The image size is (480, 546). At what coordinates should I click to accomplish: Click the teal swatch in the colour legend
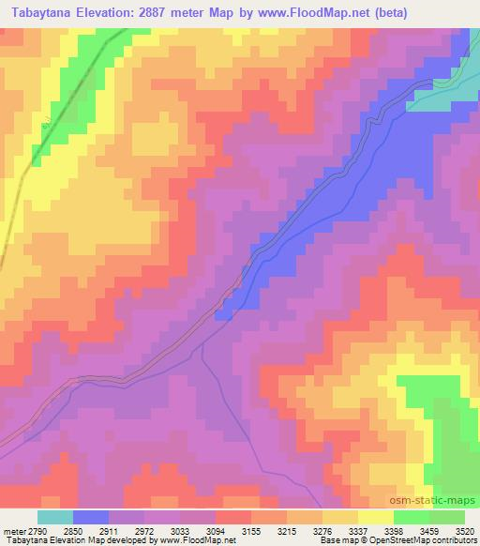click(x=55, y=517)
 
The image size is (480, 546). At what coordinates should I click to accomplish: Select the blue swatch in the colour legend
click(x=91, y=517)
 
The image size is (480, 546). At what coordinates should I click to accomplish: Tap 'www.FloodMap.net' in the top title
click(x=357, y=10)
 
